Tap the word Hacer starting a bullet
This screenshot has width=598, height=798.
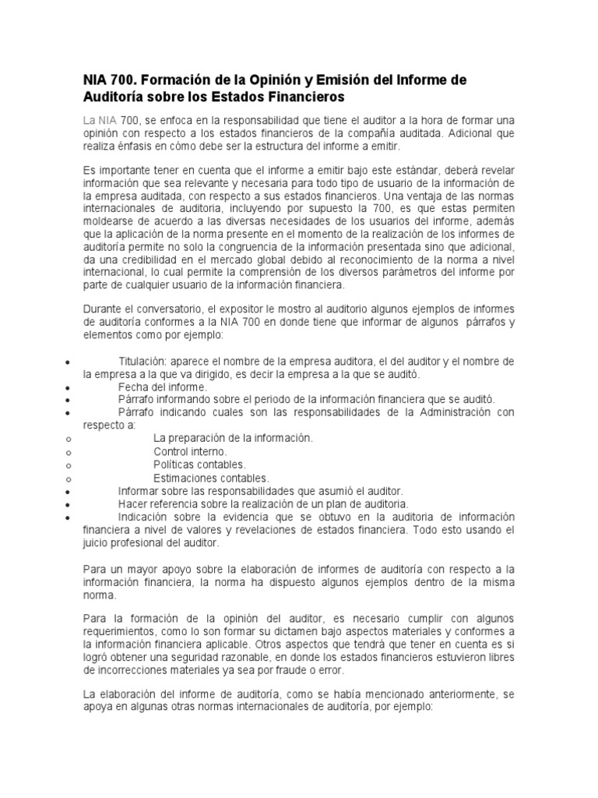(134, 503)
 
